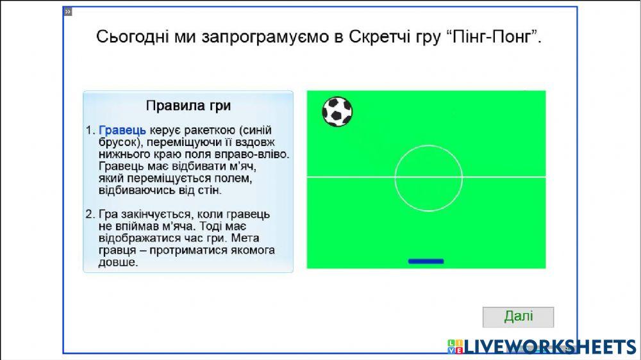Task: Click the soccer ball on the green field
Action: pyautogui.click(x=337, y=111)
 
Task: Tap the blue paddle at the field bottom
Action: pyautogui.click(x=426, y=261)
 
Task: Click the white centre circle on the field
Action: pyautogui.click(x=395, y=179)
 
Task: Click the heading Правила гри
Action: pyautogui.click(x=188, y=106)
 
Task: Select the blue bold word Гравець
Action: pyautogui.click(x=122, y=130)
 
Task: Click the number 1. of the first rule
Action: pyautogui.click(x=90, y=130)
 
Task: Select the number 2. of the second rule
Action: pyautogui.click(x=90, y=214)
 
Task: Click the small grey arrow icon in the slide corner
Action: pyautogui.click(x=68, y=12)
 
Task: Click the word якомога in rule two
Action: pyautogui.click(x=253, y=250)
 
